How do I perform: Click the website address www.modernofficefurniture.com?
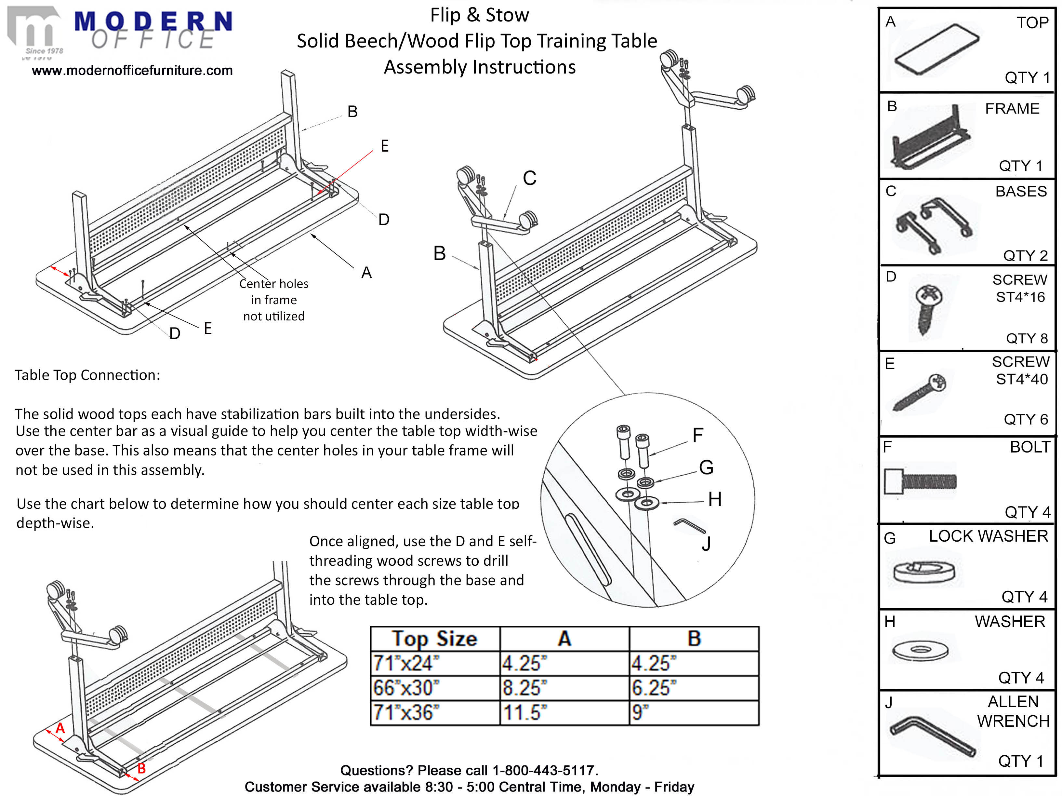(132, 71)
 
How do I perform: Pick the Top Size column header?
(434, 639)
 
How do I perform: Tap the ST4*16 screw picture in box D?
(928, 307)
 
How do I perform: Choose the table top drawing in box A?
(936, 49)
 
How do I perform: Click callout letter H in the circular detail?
(715, 500)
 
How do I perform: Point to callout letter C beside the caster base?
(530, 178)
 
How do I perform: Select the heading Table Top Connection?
(87, 375)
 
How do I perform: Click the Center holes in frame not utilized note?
(274, 300)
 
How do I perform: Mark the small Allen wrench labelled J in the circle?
(689, 525)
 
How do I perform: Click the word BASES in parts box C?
(1021, 192)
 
